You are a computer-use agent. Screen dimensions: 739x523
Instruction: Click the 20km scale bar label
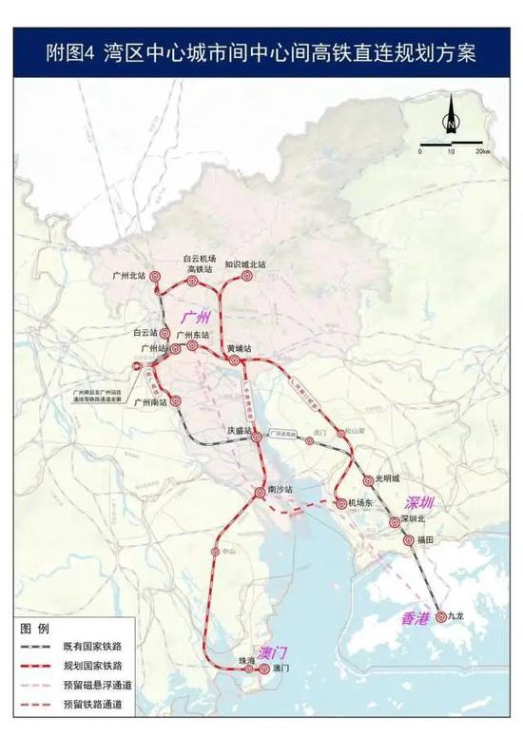click(x=483, y=152)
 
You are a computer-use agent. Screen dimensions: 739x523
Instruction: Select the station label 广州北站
click(x=127, y=276)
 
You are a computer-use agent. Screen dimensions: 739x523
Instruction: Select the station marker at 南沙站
click(x=260, y=492)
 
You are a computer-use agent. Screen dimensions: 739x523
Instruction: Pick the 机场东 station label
click(x=358, y=503)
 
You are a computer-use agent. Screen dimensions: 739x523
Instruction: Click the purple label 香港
click(x=416, y=618)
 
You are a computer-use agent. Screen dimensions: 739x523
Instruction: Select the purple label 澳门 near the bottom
click(x=273, y=653)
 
